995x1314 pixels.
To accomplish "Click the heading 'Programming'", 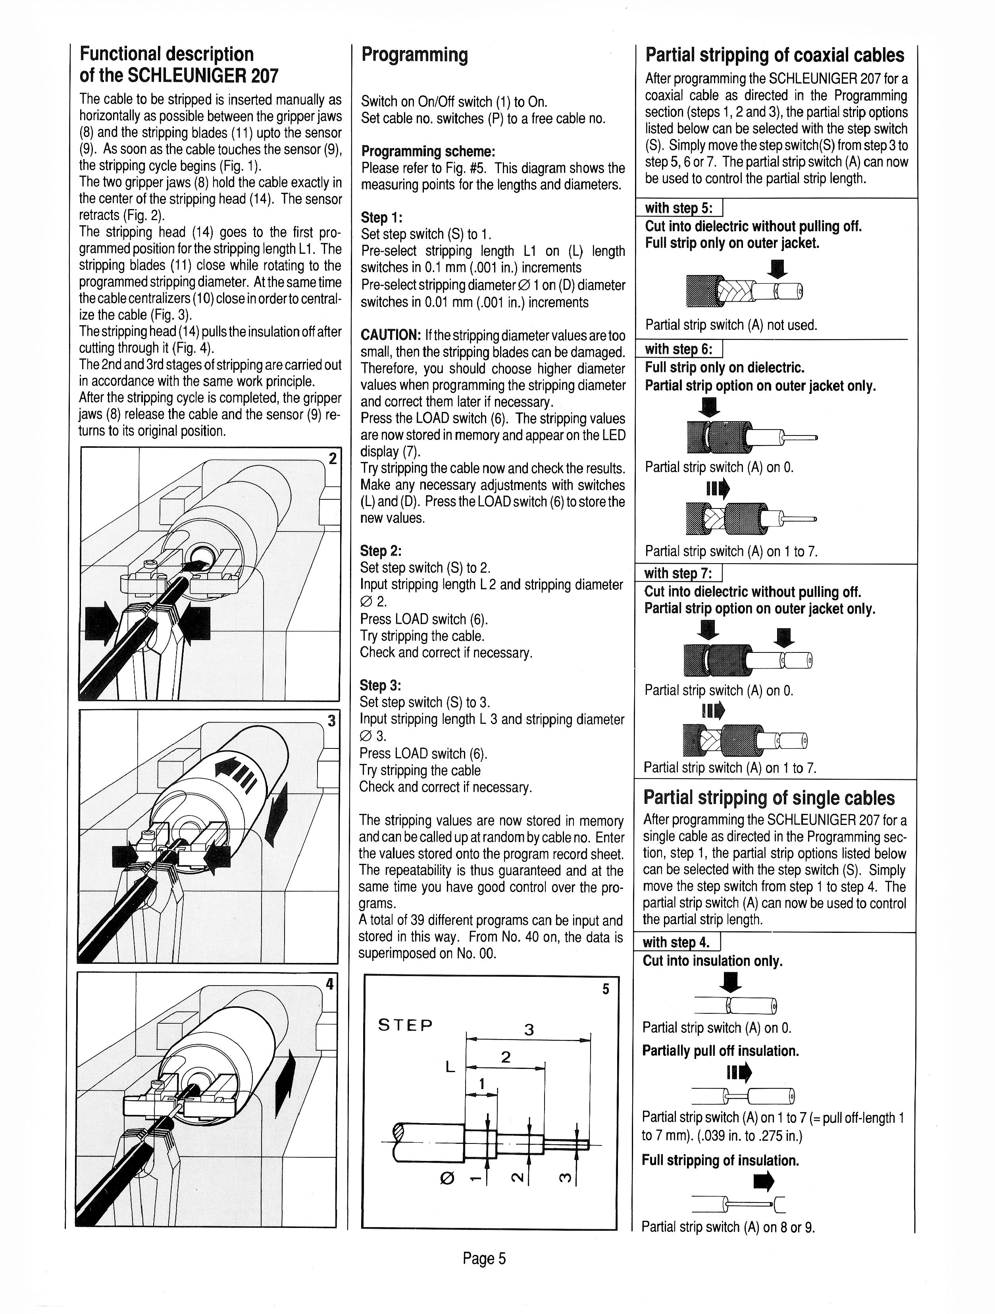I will tap(414, 55).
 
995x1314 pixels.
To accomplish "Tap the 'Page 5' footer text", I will tap(485, 1258).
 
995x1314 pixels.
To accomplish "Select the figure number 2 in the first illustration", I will tap(332, 458).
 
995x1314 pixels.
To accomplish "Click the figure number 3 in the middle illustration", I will tap(332, 721).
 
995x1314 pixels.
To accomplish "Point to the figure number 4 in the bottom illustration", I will tap(329, 984).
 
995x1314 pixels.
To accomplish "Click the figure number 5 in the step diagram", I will tap(606, 989).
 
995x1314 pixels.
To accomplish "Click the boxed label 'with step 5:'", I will tap(679, 208).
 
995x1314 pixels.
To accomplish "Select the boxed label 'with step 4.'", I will tap(676, 942).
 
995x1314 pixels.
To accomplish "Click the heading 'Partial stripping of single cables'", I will tap(769, 797).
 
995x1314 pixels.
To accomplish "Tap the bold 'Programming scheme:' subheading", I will tap(428, 152).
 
